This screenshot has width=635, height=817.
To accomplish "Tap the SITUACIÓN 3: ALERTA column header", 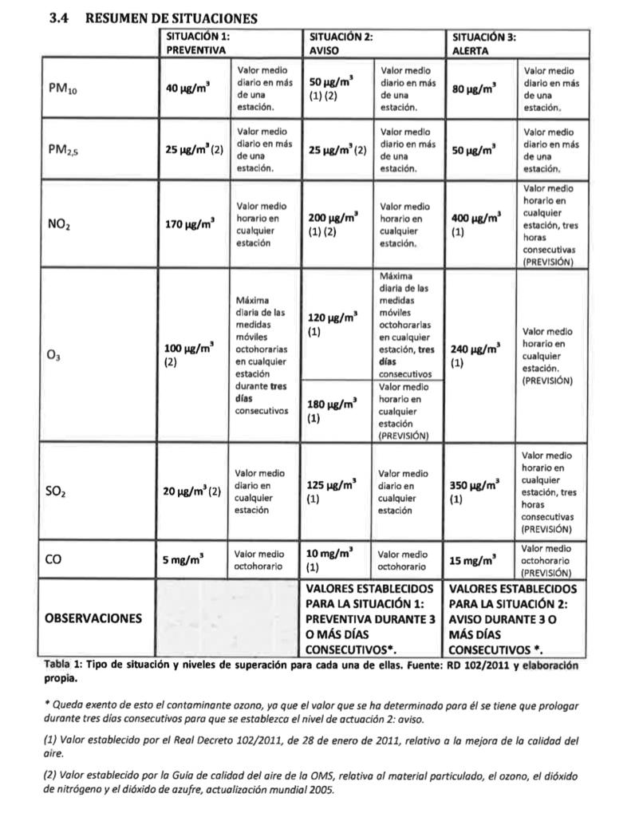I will [483, 43].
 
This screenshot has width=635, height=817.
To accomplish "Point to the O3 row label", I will [53, 357].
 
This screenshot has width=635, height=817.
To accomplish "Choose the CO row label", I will [53, 560].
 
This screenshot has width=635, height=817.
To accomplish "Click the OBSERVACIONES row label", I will [94, 618].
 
